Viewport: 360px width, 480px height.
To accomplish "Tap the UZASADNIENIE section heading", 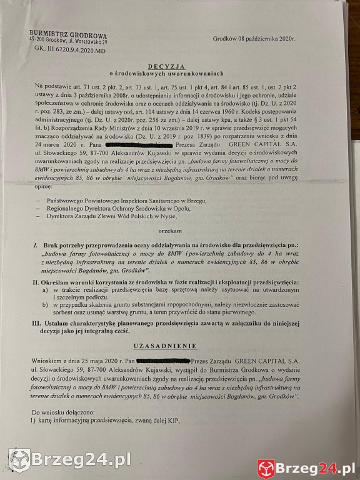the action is (166, 346).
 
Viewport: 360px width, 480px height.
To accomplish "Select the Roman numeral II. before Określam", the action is (36, 283).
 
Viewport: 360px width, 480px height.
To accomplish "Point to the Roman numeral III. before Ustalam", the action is (37, 323).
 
